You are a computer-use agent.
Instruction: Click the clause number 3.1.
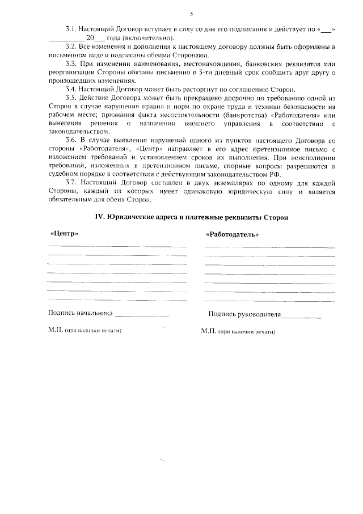click(x=71, y=28)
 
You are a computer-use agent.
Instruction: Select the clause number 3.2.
click(x=71, y=45)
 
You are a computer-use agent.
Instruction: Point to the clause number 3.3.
click(x=71, y=64)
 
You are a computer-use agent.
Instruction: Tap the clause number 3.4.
click(x=71, y=89)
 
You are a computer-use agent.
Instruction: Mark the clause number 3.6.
click(x=71, y=140)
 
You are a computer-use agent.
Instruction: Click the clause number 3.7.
click(x=71, y=183)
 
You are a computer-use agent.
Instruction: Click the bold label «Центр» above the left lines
click(x=64, y=234)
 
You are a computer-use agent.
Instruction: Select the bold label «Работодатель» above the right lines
click(x=233, y=235)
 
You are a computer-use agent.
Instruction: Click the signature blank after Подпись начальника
click(x=142, y=314)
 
